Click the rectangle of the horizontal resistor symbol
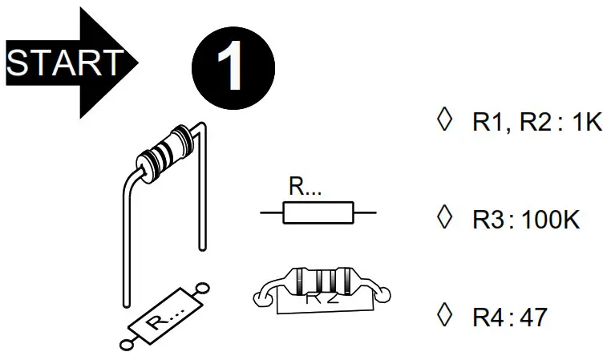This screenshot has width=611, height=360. coord(318,212)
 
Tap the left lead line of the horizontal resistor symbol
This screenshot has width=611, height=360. coord(272,212)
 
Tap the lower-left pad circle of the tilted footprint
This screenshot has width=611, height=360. coord(126,345)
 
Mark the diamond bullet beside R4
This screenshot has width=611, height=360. coord(440,315)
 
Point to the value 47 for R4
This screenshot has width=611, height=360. coord(532,317)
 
